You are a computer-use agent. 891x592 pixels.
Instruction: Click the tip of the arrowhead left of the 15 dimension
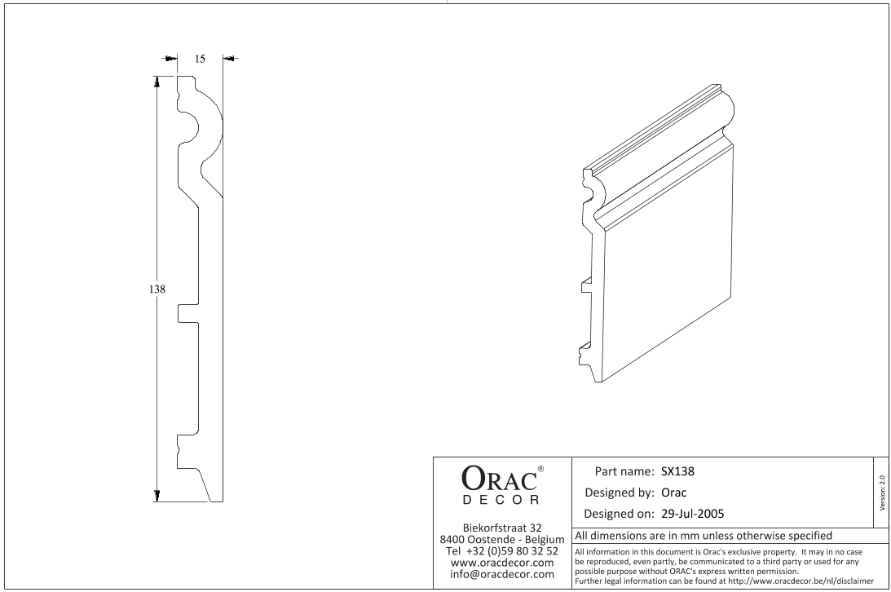point(177,58)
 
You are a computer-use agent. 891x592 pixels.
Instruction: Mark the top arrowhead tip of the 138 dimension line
point(157,76)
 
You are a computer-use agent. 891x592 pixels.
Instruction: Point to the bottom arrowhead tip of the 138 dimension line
point(157,502)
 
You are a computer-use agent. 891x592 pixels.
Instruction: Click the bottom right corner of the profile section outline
point(223,502)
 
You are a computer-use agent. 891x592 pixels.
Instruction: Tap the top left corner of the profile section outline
point(177,76)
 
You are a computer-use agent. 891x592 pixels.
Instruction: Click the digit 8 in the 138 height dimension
point(162,289)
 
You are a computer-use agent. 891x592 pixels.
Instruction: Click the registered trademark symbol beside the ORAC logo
point(540,469)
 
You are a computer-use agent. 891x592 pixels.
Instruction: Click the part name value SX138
point(677,471)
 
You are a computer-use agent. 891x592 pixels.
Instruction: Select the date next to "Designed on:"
point(693,515)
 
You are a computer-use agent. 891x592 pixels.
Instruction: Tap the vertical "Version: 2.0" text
point(882,493)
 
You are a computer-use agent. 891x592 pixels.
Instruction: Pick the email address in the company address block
point(502,574)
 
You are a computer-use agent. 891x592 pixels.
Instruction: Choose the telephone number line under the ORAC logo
point(502,551)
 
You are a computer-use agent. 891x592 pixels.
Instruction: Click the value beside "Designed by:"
point(674,493)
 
